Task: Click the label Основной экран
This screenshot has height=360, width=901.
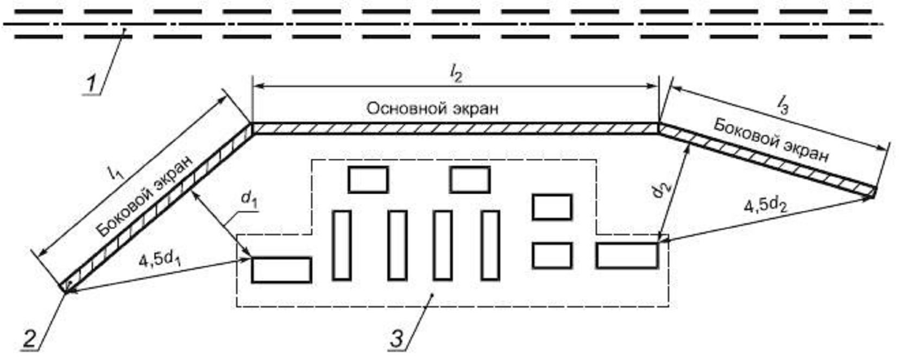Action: click(432, 109)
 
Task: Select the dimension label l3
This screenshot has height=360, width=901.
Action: click(783, 104)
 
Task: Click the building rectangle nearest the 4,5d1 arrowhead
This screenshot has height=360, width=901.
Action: click(281, 270)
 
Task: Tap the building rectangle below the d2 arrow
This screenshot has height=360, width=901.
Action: click(627, 256)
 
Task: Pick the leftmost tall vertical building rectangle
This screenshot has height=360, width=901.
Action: click(342, 245)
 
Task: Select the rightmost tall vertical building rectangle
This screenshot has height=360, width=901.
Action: click(490, 245)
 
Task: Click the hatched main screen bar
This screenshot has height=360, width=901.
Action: click(455, 129)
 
